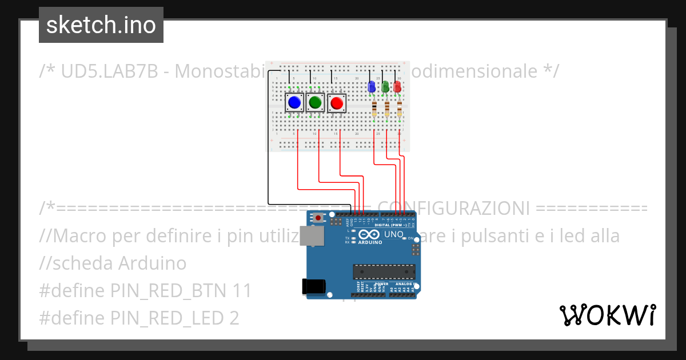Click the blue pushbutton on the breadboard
pos(294,103)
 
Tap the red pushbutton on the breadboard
pos(337,103)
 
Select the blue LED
pos(372,86)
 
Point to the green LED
pos(386,86)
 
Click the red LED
pos(398,86)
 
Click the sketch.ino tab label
pos(101,25)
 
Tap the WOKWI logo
pos(607,315)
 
